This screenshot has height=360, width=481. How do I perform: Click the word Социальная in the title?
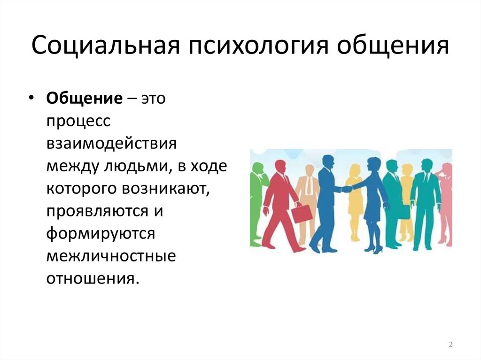tap(105, 46)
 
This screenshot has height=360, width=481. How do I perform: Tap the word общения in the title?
tap(393, 46)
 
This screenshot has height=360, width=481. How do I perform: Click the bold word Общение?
tap(85, 99)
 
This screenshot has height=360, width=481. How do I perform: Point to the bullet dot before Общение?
tap(31, 98)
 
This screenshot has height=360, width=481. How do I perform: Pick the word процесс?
tap(78, 122)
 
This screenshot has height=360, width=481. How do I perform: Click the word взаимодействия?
tap(112, 144)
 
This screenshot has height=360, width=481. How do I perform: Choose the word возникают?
tap(166, 188)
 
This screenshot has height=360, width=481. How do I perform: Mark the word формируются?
tap(101, 234)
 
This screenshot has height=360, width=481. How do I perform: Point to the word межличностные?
tap(111, 256)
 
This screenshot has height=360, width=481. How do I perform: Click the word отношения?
tap(91, 279)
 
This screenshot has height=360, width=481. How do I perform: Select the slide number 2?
tap(450, 345)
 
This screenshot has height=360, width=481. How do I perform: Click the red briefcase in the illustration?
tap(302, 214)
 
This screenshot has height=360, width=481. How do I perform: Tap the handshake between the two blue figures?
tap(347, 189)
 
